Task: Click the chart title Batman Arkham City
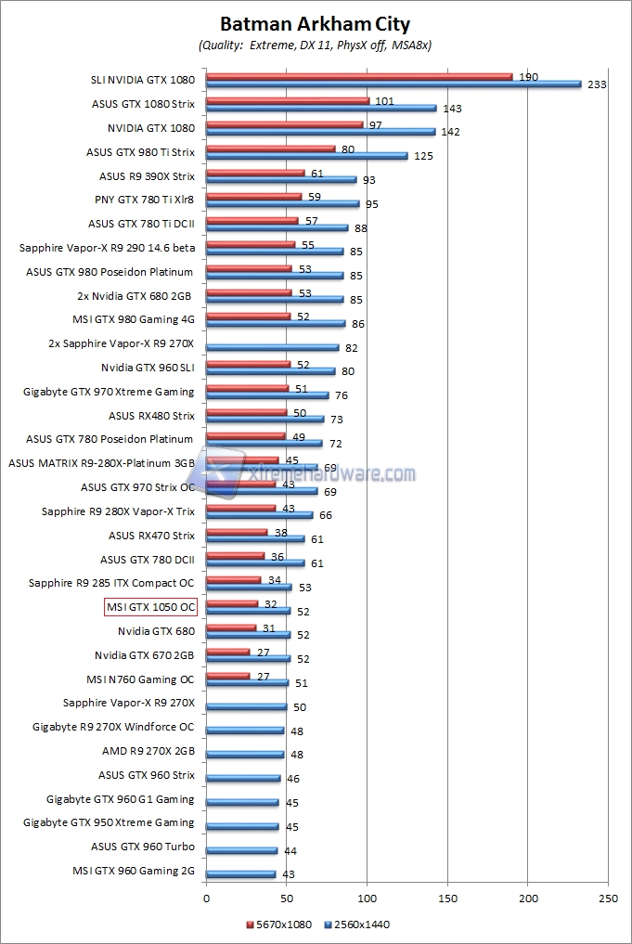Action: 315,24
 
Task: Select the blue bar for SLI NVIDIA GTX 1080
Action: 393,84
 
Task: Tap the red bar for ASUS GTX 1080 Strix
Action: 288,100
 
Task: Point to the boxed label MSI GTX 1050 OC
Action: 150,608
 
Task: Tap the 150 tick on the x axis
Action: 448,899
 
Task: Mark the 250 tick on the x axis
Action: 609,899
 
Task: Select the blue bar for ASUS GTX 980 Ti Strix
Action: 306,156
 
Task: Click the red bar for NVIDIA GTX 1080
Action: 284,123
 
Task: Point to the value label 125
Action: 423,156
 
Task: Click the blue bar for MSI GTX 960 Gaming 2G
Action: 240,873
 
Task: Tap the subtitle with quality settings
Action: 315,45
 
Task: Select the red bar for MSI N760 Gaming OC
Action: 227,676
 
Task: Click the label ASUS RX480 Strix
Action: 151,416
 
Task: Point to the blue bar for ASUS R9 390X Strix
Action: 280,180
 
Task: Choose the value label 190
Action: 529,76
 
